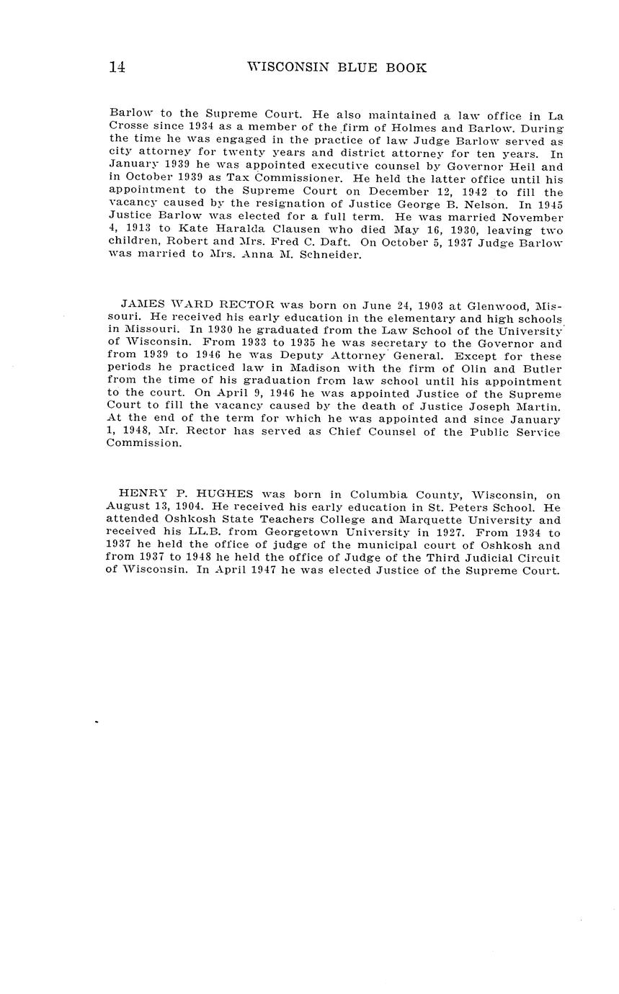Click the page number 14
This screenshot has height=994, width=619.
click(x=117, y=68)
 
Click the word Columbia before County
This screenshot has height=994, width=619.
click(x=380, y=495)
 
